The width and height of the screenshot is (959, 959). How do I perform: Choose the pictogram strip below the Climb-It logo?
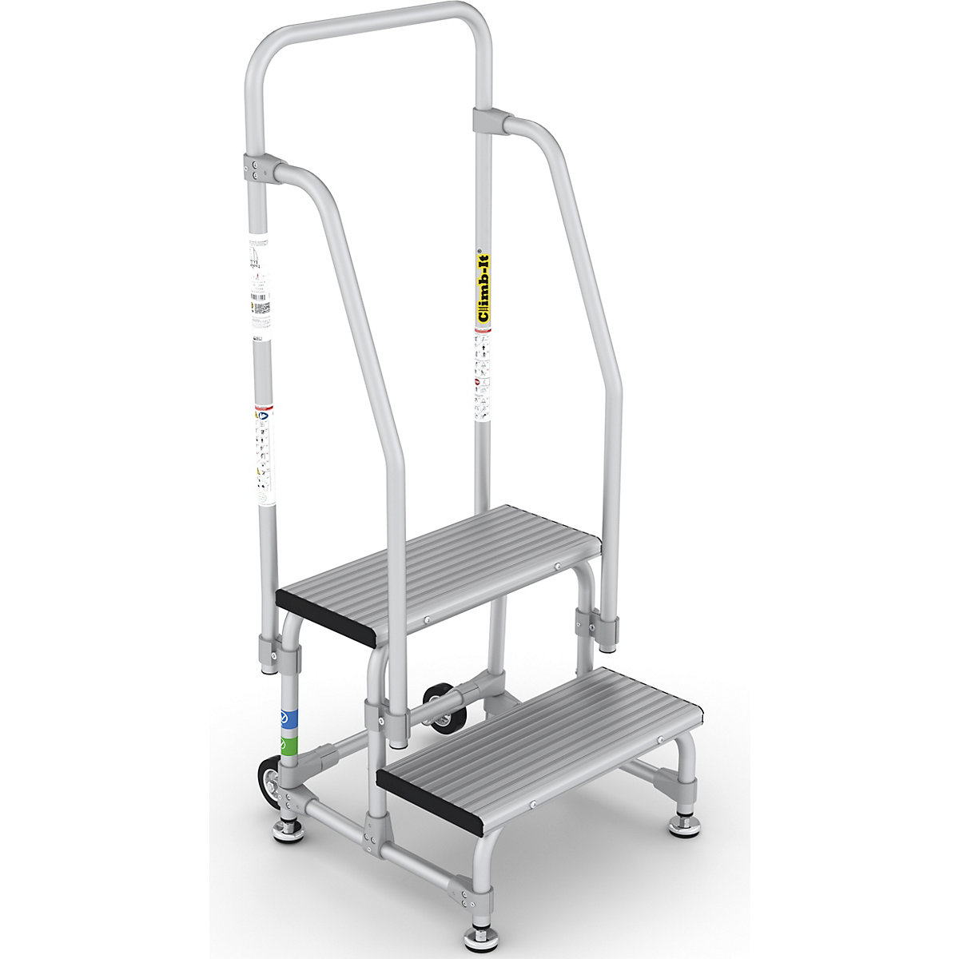pyautogui.click(x=482, y=376)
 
